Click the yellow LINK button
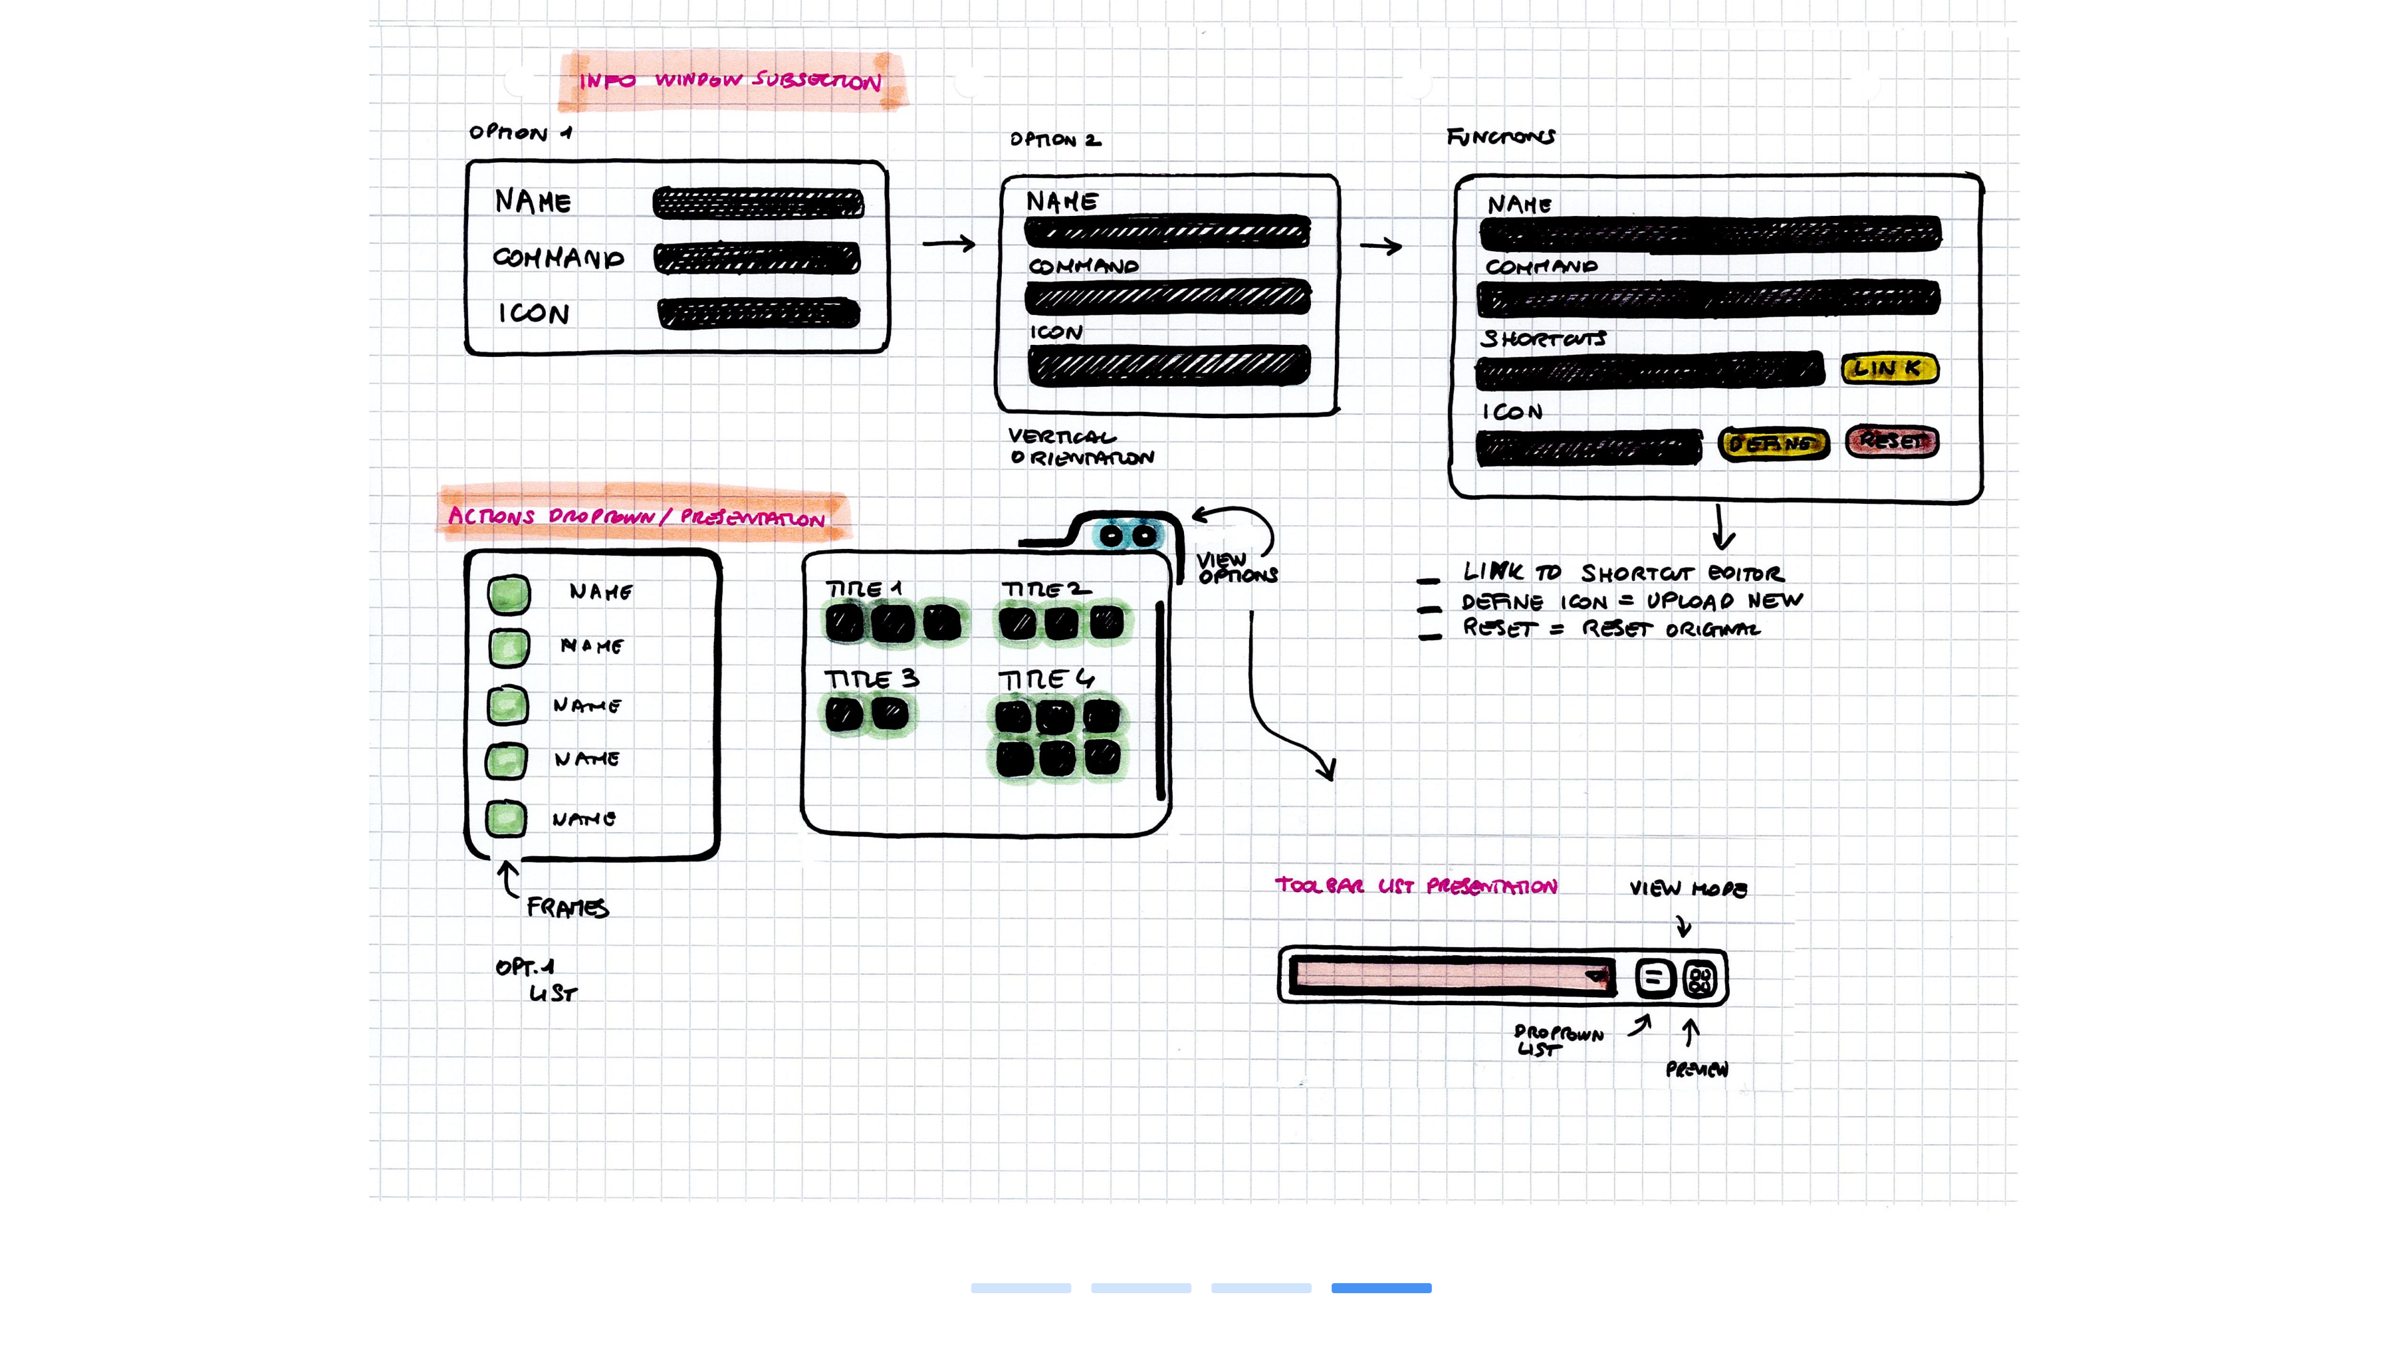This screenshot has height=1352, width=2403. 1889,369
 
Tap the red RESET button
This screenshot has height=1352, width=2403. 1892,441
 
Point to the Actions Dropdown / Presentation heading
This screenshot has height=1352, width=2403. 636,516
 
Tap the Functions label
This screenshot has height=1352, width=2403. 1500,137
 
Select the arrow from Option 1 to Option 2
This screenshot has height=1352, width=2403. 948,243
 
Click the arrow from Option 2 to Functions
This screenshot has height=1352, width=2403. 1380,247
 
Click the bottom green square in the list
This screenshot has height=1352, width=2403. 506,818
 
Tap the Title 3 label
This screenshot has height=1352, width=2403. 871,679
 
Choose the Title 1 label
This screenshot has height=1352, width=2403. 864,589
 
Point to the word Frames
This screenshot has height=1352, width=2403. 567,908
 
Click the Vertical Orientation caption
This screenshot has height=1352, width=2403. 1080,447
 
